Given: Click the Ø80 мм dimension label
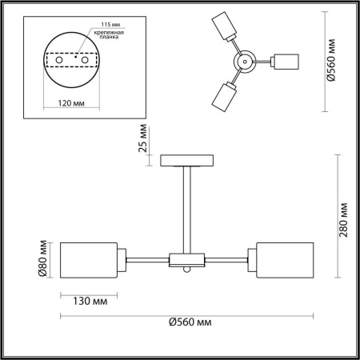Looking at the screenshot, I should tap(44, 259).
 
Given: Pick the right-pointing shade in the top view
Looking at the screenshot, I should tap(286, 62).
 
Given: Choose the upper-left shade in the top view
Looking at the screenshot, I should tap(226, 28).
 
